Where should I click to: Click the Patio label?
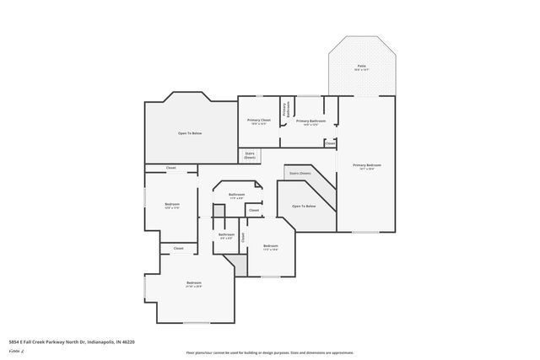(x=361, y=67)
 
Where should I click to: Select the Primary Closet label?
(x=258, y=121)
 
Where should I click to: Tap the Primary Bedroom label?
(x=367, y=166)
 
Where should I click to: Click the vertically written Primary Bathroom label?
(x=285, y=110)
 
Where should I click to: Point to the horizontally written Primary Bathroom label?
(x=311, y=122)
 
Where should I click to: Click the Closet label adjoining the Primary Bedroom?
(x=330, y=143)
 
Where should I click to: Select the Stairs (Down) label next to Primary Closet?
(x=250, y=155)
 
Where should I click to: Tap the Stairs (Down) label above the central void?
(x=300, y=173)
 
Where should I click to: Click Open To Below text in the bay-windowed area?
(x=189, y=133)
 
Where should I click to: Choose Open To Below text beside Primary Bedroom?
(x=304, y=207)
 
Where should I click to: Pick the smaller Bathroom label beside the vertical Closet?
(x=226, y=235)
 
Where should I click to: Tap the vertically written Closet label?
(x=243, y=238)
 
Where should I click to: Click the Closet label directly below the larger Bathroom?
(x=253, y=209)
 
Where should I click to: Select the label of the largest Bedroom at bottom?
(x=193, y=283)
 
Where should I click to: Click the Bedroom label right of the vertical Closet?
(x=270, y=247)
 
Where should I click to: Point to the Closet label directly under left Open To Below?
(x=170, y=168)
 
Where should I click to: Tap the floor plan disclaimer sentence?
(x=269, y=352)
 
